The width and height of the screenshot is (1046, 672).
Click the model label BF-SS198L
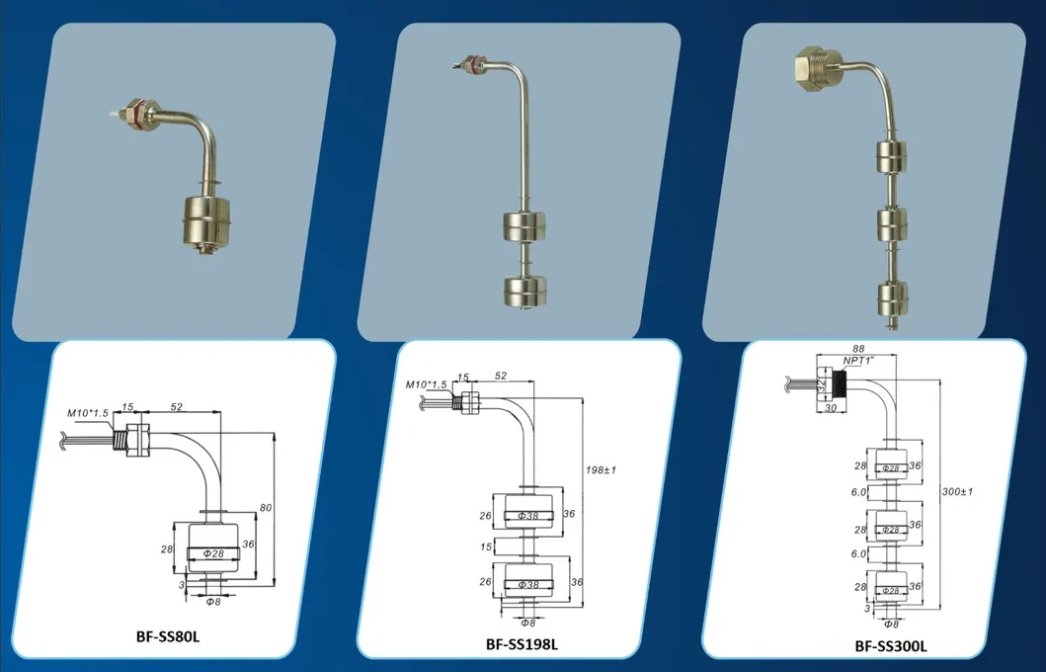(522, 645)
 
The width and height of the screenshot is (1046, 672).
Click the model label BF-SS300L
(891, 646)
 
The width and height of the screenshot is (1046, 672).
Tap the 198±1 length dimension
(601, 469)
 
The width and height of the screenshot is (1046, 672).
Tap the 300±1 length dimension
(955, 490)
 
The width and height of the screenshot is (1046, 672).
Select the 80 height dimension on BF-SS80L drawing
(265, 507)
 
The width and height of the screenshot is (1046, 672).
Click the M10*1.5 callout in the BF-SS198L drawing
(427, 383)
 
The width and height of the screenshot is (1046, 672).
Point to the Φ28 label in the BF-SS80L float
(214, 553)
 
